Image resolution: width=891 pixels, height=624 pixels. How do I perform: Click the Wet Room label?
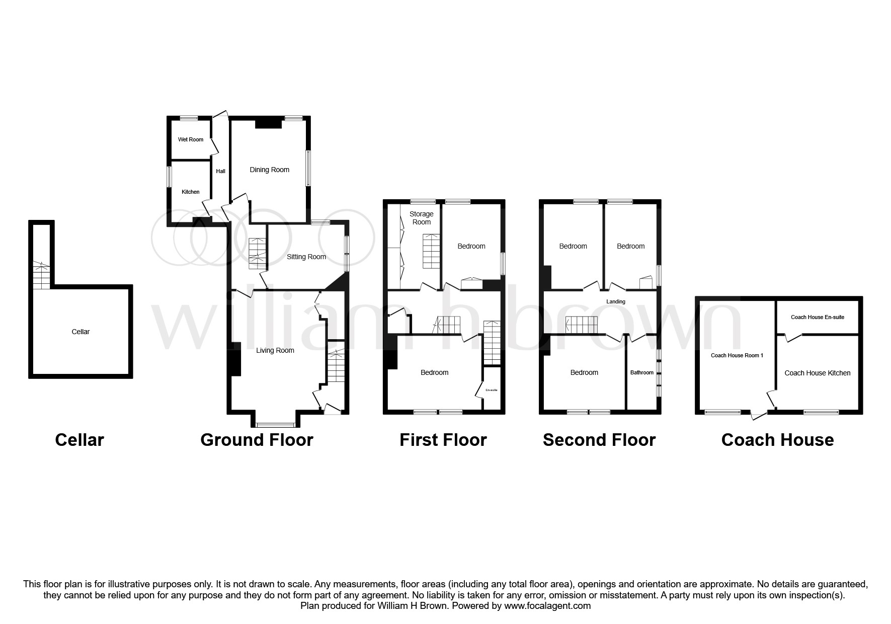pos(191,139)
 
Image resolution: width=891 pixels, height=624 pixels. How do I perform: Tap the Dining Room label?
pos(270,170)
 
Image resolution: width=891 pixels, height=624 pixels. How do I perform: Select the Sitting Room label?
pos(306,257)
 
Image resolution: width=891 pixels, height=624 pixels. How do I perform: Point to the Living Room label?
pos(275,350)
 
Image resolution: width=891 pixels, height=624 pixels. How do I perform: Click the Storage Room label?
pos(421,218)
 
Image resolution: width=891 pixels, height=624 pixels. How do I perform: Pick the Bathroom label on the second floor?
pos(642,373)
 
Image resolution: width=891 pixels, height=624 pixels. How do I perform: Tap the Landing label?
pos(616,302)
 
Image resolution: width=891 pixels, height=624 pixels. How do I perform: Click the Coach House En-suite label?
pos(818,317)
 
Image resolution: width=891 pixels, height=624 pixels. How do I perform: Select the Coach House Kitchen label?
pos(818,373)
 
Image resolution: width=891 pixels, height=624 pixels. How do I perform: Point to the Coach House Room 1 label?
pos(737,355)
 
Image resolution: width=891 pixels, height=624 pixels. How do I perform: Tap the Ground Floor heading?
pos(257,440)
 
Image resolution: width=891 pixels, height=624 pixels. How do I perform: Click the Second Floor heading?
pos(599,440)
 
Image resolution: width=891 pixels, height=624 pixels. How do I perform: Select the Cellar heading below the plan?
pos(79,440)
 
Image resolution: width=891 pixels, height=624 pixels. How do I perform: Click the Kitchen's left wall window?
pos(170,177)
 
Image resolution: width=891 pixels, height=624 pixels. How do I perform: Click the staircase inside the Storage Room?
pos(431,252)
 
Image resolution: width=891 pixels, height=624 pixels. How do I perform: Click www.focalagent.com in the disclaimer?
pos(547,606)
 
